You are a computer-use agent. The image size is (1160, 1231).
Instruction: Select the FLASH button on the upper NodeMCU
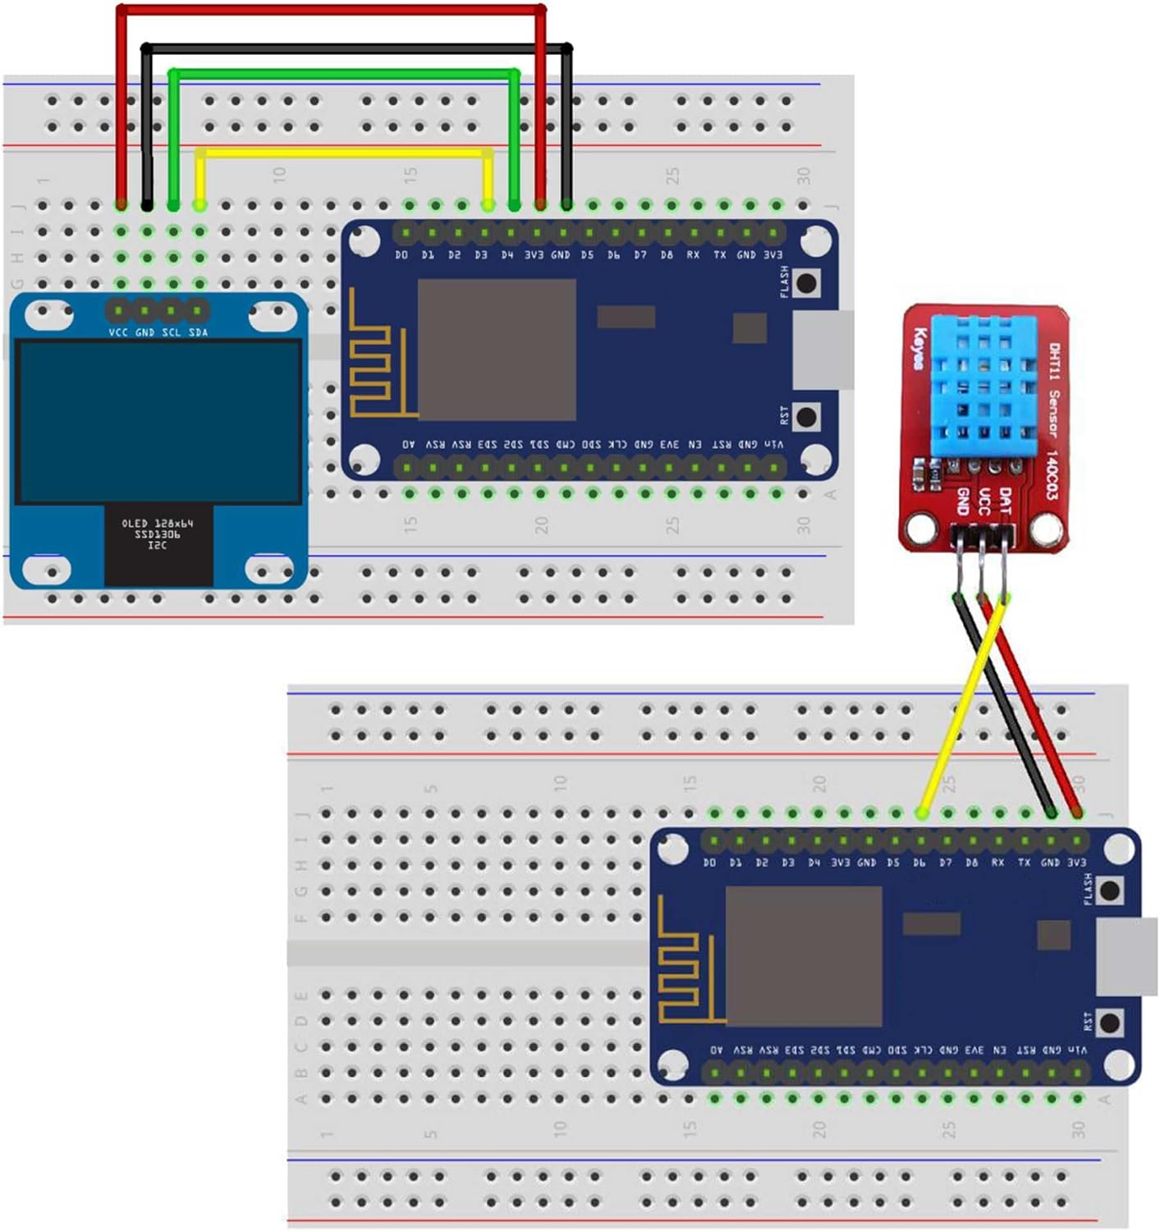806,283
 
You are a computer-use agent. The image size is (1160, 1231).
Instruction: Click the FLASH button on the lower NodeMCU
1110,890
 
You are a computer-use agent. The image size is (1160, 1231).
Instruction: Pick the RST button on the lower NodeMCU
1110,1023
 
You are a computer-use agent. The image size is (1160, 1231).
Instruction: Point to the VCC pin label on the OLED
118,332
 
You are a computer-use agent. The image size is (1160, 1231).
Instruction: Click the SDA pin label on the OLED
198,332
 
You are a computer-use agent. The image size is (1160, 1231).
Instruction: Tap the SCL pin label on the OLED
171,332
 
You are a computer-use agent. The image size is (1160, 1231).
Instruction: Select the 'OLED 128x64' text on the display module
158,523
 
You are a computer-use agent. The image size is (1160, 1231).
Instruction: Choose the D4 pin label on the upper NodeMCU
507,255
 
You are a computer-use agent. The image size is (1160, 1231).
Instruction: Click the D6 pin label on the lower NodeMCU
919,863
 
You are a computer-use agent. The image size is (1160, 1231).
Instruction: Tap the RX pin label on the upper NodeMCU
693,255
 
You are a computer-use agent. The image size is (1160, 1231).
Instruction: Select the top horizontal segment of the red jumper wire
328,10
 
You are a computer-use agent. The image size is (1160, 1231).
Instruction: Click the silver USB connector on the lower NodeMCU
1126,957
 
